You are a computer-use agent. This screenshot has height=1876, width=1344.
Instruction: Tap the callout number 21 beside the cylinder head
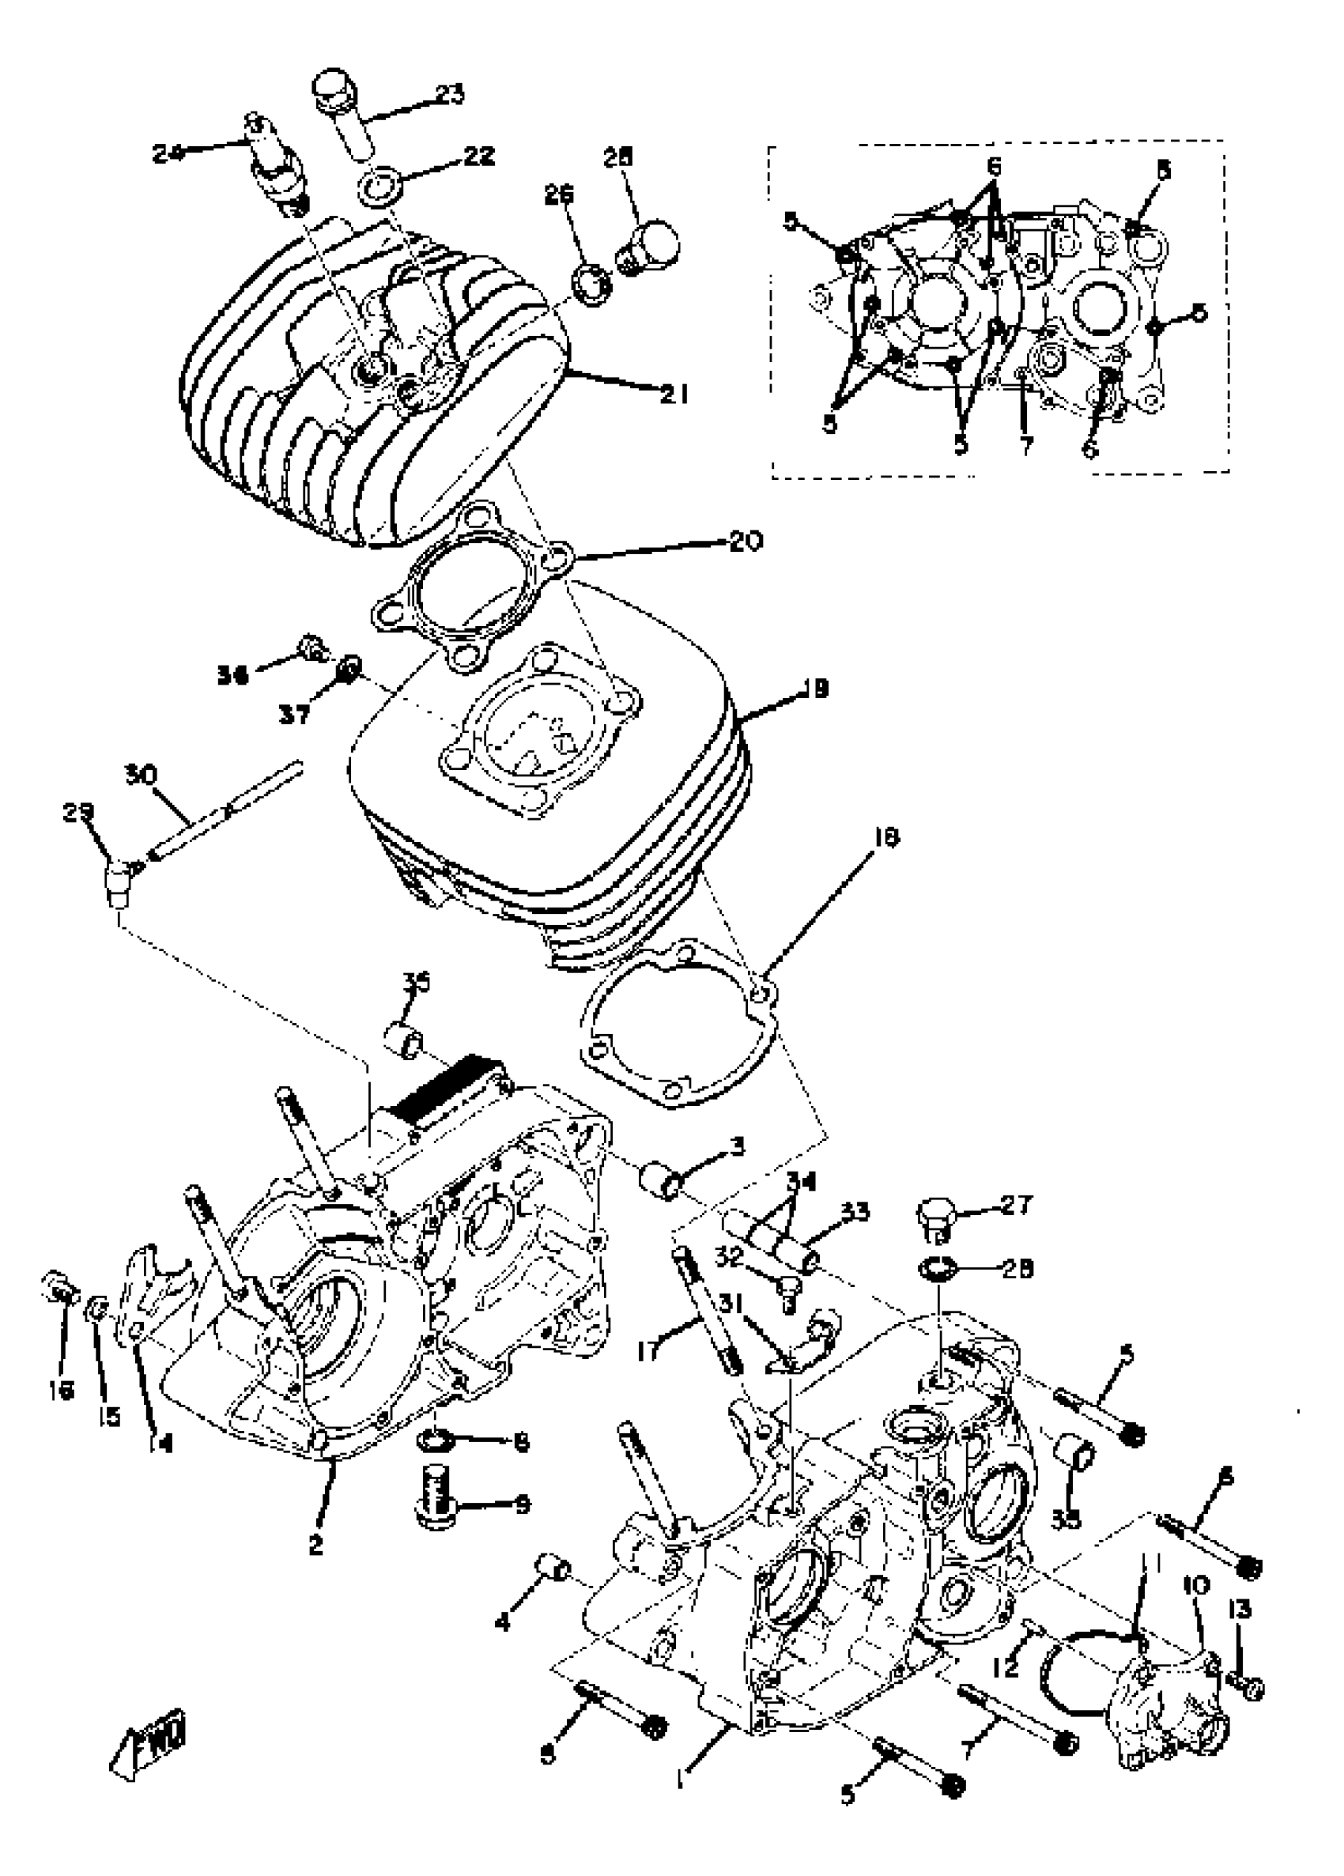674,394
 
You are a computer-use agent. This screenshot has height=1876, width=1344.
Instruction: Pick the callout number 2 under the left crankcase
315,1543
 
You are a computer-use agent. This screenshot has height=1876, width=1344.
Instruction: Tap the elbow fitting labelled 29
118,877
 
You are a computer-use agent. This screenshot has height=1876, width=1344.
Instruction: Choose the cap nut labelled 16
58,1285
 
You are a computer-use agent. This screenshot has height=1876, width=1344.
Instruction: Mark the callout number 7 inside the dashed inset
1025,447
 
